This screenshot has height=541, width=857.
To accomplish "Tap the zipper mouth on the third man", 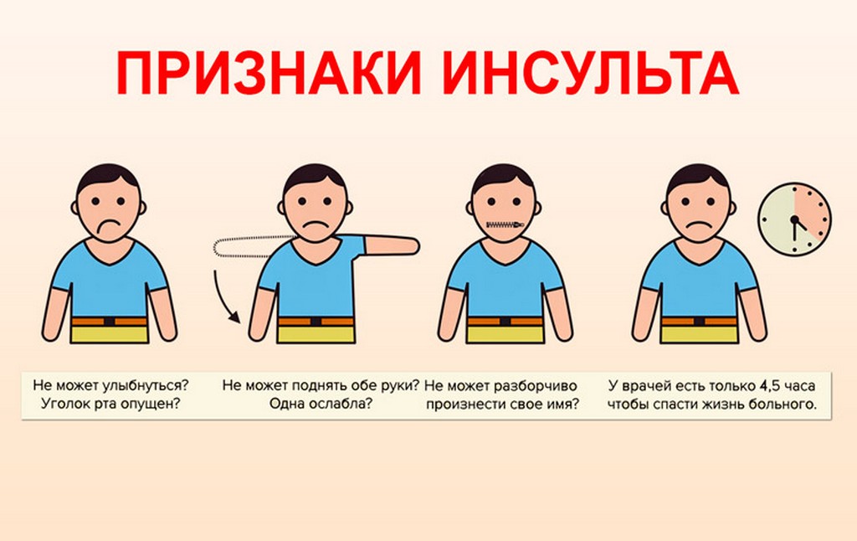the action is tap(505, 224).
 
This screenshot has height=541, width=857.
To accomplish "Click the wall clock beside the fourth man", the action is tap(794, 219).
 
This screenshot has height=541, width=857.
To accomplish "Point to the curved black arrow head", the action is tap(235, 317).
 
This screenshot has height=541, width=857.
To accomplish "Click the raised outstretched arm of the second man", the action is tap(392, 245).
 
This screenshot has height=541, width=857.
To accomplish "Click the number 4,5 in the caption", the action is tap(769, 385).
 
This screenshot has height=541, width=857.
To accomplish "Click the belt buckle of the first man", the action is tap(110, 322).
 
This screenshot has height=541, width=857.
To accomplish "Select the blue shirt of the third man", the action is tap(505, 279).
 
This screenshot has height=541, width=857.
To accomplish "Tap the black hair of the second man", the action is tap(315, 178).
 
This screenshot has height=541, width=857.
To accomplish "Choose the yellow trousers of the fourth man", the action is tap(699, 334).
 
